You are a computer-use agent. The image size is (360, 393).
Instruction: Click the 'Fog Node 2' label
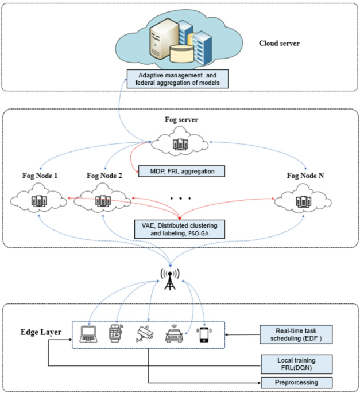pyautogui.click(x=104, y=176)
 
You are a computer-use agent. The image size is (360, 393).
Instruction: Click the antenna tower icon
pyautogui.click(x=169, y=279)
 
